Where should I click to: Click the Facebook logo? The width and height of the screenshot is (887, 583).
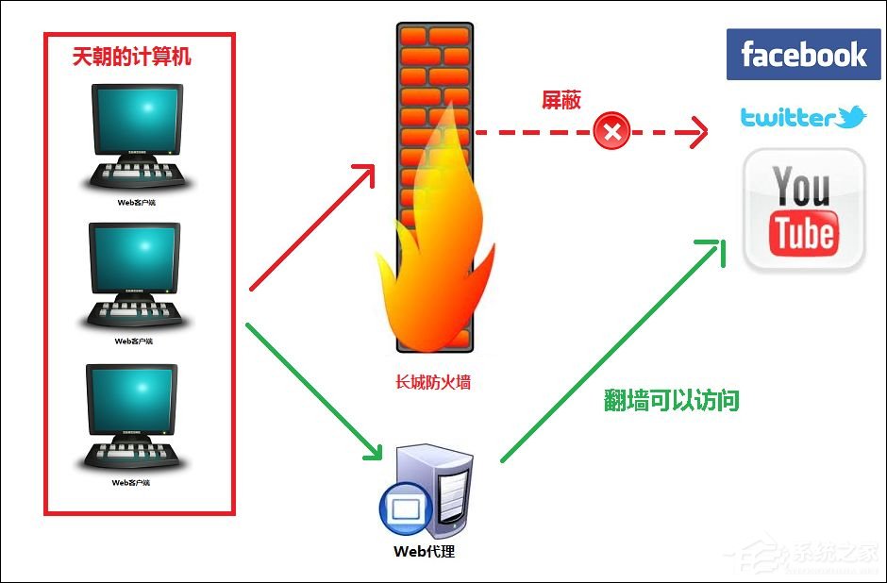pyautogui.click(x=802, y=54)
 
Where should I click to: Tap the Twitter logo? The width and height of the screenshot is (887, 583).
pyautogui.click(x=802, y=118)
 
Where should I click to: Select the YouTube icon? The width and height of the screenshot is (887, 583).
pyautogui.click(x=804, y=210)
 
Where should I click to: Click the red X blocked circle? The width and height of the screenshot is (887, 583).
pyautogui.click(x=612, y=131)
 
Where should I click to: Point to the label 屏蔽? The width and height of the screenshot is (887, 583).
pyautogui.click(x=561, y=101)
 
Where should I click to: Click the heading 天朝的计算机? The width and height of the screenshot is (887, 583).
pyautogui.click(x=131, y=58)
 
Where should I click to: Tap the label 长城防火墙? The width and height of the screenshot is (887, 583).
pyautogui.click(x=434, y=383)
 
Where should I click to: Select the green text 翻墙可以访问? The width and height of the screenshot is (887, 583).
pyautogui.click(x=671, y=401)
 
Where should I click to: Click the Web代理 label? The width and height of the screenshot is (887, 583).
pyautogui.click(x=424, y=551)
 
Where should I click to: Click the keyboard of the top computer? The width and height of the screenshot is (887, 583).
pyautogui.click(x=138, y=175)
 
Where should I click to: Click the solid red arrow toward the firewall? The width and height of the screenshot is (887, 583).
pyautogui.click(x=311, y=226)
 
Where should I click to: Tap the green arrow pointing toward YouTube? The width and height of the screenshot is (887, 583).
pyautogui.click(x=613, y=349)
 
